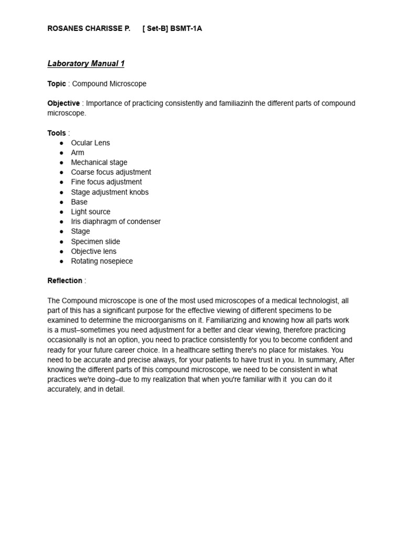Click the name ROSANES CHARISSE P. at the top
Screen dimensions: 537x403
click(x=89, y=29)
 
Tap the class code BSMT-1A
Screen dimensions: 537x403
click(x=186, y=29)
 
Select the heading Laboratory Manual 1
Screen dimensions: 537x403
click(x=86, y=64)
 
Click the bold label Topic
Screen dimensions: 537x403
click(x=57, y=84)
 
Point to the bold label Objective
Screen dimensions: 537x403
click(x=63, y=103)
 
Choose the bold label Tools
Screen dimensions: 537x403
click(x=57, y=133)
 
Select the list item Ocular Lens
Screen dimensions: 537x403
click(x=90, y=143)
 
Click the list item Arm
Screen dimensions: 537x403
click(x=78, y=153)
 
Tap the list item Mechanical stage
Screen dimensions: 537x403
click(x=99, y=163)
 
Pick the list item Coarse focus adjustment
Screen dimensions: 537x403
click(x=111, y=172)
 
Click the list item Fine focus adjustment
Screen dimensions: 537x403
click(x=107, y=182)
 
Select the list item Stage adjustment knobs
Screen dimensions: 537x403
click(x=110, y=192)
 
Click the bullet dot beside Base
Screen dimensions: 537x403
click(x=61, y=202)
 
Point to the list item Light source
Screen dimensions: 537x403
click(x=91, y=212)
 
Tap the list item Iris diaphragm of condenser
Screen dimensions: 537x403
click(x=116, y=221)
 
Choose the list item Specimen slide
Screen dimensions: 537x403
click(x=96, y=242)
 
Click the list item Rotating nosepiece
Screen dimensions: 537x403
click(x=102, y=261)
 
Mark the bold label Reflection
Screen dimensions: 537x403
click(x=65, y=281)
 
